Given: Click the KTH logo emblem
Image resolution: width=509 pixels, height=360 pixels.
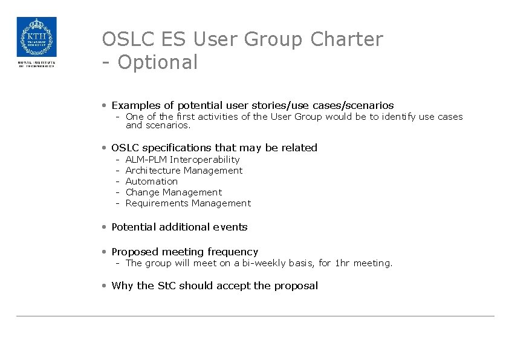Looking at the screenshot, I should (36, 37).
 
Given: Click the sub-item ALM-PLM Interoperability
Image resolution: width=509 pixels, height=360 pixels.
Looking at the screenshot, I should (182, 160).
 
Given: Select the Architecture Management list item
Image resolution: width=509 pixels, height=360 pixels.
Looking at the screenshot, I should (184, 171).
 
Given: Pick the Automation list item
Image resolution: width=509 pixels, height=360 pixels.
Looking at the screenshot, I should (151, 182).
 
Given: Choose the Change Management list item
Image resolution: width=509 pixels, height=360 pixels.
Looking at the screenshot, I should (173, 192).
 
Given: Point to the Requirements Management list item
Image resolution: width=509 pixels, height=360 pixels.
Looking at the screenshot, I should (187, 203).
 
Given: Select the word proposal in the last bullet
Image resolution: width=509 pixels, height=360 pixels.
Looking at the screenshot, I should (296, 286).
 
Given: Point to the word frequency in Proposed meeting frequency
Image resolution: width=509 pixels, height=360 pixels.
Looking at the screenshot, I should (233, 252).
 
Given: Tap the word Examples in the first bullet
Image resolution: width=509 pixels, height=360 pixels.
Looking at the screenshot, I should (136, 105).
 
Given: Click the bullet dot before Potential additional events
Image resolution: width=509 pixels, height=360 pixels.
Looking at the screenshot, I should (105, 227).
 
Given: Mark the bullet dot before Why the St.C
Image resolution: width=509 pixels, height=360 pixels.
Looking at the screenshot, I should (105, 286).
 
